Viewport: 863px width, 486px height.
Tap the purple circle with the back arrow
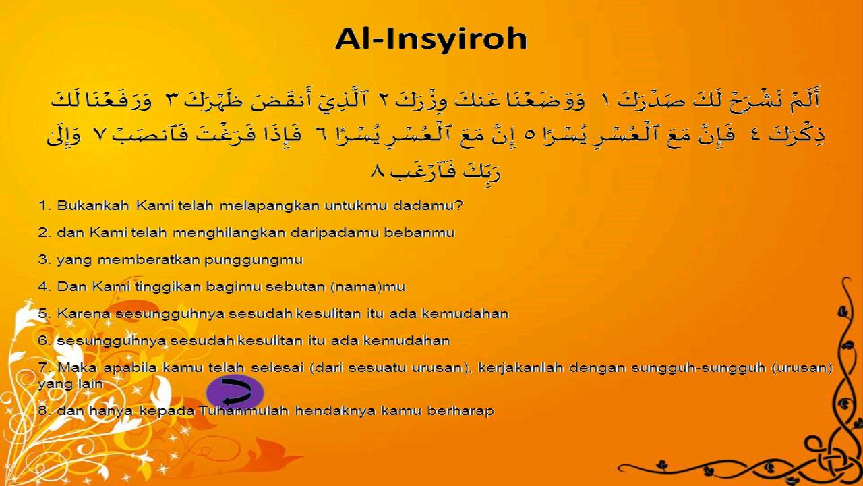pyautogui.click(x=235, y=393)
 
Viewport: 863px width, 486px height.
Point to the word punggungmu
pyautogui.click(x=254, y=261)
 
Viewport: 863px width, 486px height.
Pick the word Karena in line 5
pyautogui.click(x=84, y=314)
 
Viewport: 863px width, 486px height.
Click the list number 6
pyautogui.click(x=44, y=341)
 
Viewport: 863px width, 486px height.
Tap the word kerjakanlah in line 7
pyautogui.click(x=521, y=368)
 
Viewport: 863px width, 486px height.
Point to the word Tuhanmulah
pyautogui.click(x=243, y=411)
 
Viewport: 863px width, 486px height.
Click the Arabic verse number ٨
pyautogui.click(x=378, y=171)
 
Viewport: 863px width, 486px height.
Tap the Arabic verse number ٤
pyautogui.click(x=756, y=134)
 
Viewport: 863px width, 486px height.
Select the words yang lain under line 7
pyautogui.click(x=71, y=385)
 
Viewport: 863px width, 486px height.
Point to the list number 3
pyautogui.click(x=44, y=260)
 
